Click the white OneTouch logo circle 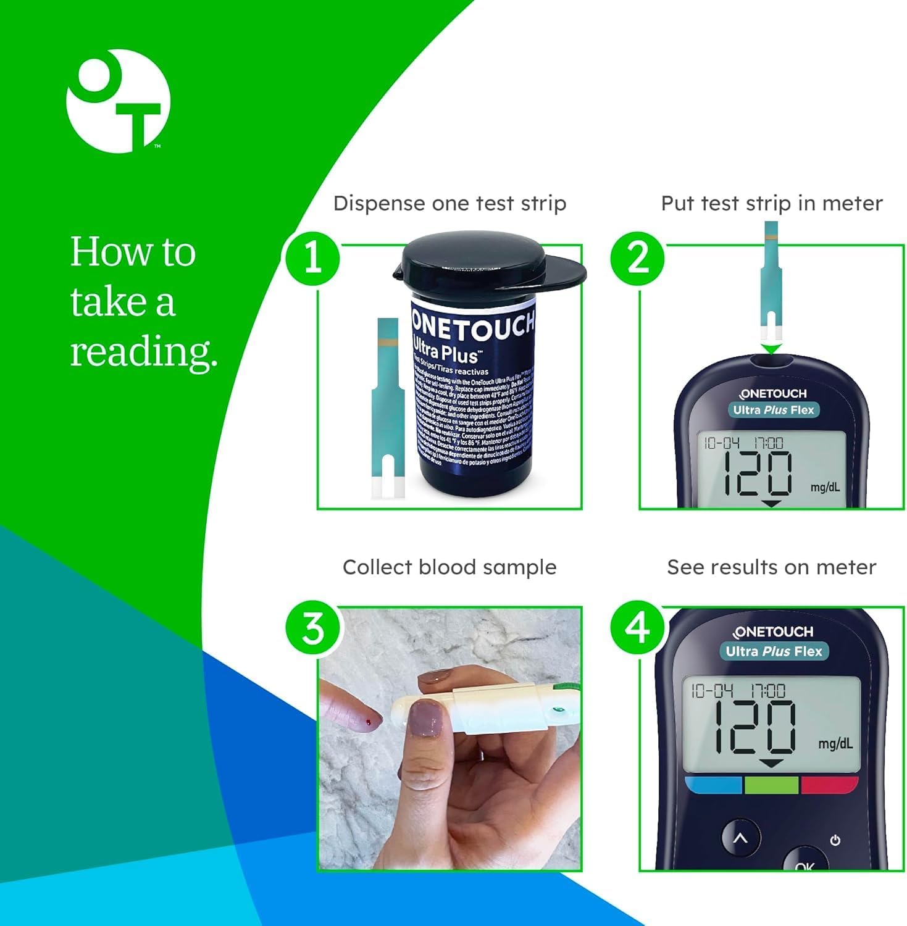[117, 101]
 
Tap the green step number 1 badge [312, 257]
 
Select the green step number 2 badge [638, 257]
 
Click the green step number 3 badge [312, 628]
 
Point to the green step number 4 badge [638, 628]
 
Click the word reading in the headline [143, 353]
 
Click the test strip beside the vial [388, 407]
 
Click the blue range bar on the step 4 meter [713, 785]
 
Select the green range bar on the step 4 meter [771, 785]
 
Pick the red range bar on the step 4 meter [829, 785]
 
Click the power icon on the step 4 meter [835, 840]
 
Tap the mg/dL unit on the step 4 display [835, 743]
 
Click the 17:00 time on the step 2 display [767, 443]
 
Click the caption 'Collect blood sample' [449, 567]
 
